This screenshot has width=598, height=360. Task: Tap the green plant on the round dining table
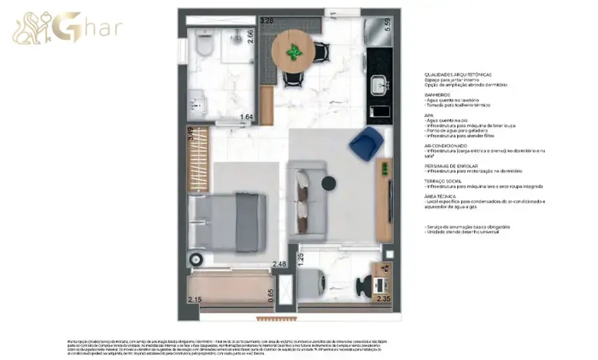coord(294,51)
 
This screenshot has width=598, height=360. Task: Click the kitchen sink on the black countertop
coord(379,83)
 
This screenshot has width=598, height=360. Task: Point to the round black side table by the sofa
coord(328,183)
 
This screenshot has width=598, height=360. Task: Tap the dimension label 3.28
coord(267,21)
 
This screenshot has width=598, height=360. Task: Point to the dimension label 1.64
coord(247,118)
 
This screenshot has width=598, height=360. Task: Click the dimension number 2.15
coord(195,299)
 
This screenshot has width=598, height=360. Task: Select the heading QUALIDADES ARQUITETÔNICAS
coord(458,74)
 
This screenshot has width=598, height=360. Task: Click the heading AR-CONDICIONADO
coord(446,146)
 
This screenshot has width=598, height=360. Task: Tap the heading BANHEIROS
coord(438,95)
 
